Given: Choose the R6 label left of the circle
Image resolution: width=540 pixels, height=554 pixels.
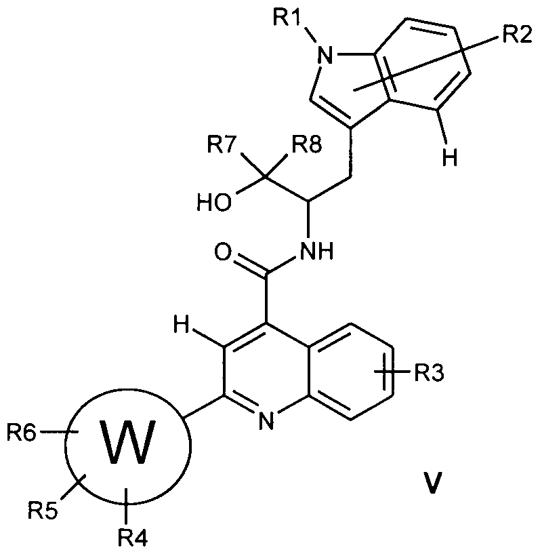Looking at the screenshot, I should tap(22, 431).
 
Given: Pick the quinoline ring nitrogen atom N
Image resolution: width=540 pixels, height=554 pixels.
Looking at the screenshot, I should tap(266, 421).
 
